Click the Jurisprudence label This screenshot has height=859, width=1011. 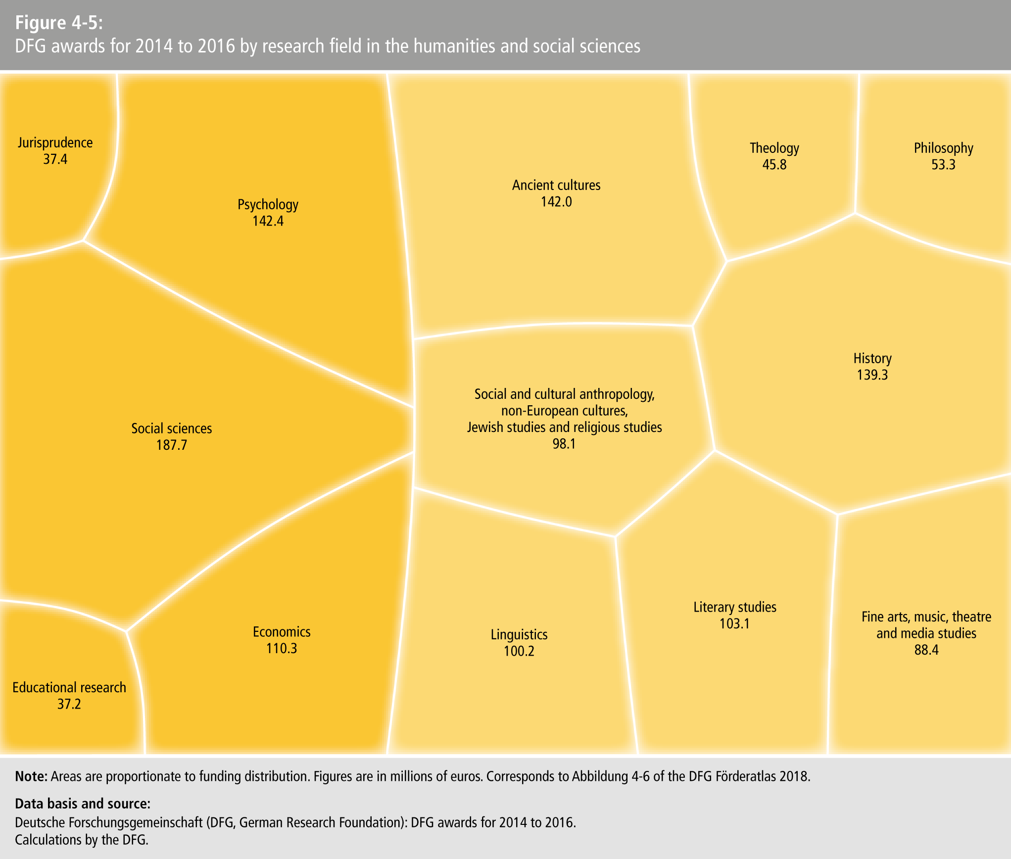(x=55, y=143)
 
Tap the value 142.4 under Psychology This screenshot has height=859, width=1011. (x=268, y=221)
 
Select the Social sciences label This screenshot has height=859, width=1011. (x=171, y=428)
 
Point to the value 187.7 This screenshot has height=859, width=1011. (x=171, y=445)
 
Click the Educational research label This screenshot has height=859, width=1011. (x=69, y=687)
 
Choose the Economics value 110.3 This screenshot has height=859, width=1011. (x=282, y=648)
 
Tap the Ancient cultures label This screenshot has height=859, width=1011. (x=556, y=185)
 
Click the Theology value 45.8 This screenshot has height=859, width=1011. (x=774, y=164)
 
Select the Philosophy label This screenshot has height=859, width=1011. (x=943, y=148)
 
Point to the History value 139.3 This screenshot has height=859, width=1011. (x=872, y=375)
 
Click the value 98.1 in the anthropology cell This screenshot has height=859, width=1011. (x=564, y=443)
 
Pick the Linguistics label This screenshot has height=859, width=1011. (x=519, y=634)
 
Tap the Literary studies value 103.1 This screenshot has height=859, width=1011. (x=734, y=623)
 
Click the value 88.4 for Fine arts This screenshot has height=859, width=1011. (x=926, y=650)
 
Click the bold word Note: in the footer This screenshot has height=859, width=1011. (x=31, y=776)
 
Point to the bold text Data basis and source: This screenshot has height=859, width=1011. (x=82, y=803)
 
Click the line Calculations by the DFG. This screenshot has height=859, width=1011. (x=82, y=840)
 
